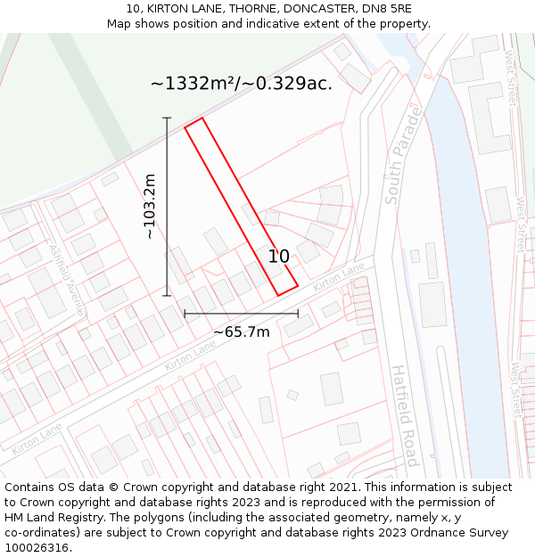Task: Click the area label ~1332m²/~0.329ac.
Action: (241, 84)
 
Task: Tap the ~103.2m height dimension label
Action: (150, 206)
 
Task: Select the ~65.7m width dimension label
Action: (241, 332)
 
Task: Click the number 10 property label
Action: (278, 257)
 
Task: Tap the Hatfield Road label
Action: (404, 415)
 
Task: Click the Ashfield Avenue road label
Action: (66, 279)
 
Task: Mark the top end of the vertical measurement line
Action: (167, 118)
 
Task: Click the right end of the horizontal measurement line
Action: (298, 314)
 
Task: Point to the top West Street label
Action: (511, 77)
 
